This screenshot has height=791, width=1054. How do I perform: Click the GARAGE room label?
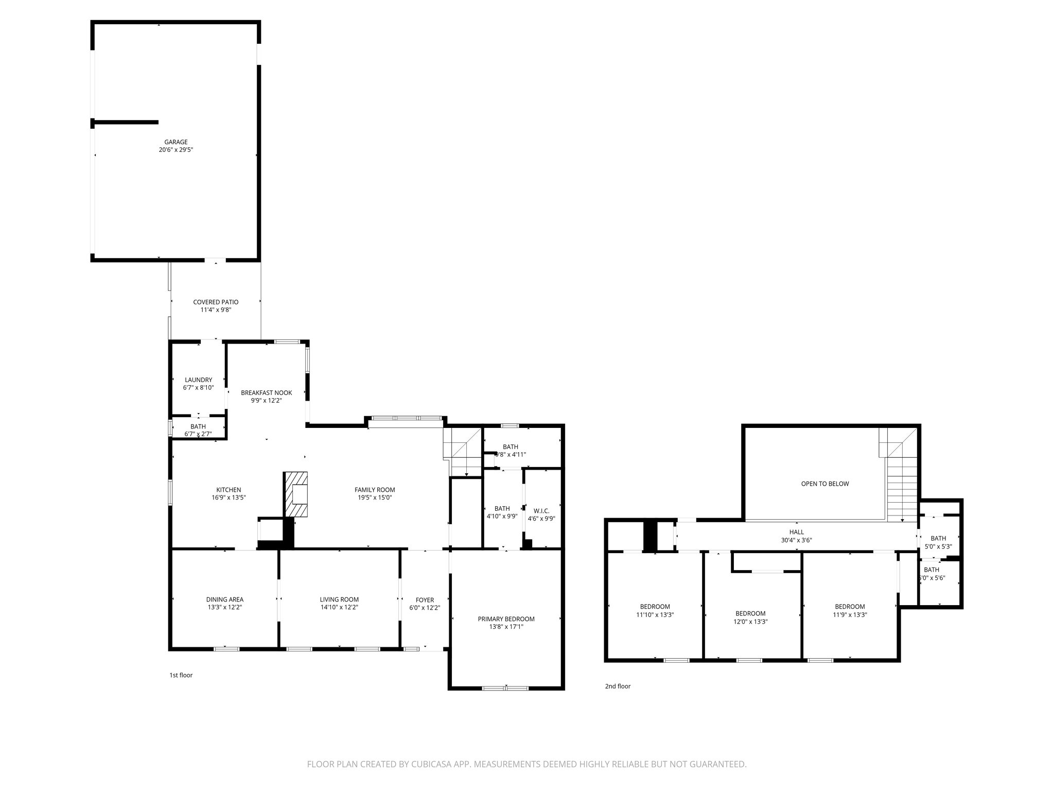[x=176, y=142]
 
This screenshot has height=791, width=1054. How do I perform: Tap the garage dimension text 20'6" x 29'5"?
[x=176, y=150]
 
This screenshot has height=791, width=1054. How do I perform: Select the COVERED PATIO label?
[x=216, y=302]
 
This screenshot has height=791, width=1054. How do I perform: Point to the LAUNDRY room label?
[x=199, y=380]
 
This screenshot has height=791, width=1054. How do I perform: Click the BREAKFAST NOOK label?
[x=266, y=393]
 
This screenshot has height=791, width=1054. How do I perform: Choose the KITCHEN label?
[x=229, y=490]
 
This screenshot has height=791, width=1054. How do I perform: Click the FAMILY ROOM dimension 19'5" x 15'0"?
[x=375, y=497]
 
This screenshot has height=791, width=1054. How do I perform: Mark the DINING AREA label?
[x=224, y=599]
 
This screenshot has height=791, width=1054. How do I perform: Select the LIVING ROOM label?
[x=339, y=599]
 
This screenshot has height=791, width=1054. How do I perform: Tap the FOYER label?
[x=425, y=600]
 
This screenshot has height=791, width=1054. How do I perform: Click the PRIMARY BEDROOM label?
[x=506, y=619]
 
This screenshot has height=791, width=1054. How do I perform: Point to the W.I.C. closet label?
[x=541, y=511]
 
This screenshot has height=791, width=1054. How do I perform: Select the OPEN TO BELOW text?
[x=825, y=484]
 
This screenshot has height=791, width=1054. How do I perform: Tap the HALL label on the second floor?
[x=796, y=532]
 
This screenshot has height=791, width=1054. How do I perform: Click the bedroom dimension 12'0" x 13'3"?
[x=750, y=621]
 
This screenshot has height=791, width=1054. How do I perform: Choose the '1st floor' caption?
[x=181, y=675]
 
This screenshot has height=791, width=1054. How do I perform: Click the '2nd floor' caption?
[x=618, y=686]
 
